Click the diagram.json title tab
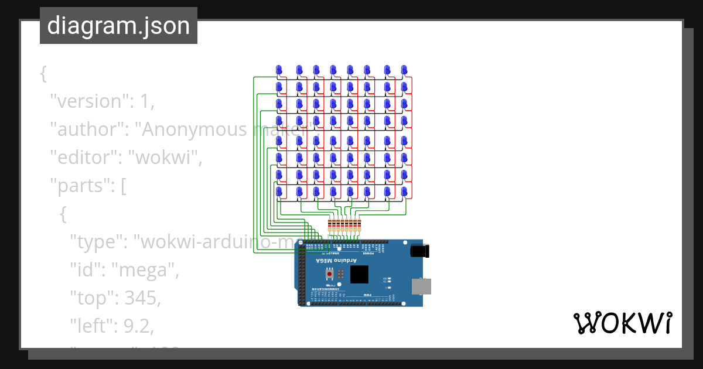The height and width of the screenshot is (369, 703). (x=118, y=26)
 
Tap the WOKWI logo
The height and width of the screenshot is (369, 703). (x=622, y=323)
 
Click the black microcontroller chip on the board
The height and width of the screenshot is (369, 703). (x=359, y=274)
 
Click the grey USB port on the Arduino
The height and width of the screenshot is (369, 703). (x=422, y=286)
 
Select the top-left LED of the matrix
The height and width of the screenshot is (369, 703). (x=279, y=70)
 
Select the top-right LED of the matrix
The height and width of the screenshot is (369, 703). (x=404, y=70)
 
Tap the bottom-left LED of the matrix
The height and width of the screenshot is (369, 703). (x=279, y=192)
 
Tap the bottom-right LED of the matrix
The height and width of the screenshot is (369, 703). (x=404, y=192)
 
